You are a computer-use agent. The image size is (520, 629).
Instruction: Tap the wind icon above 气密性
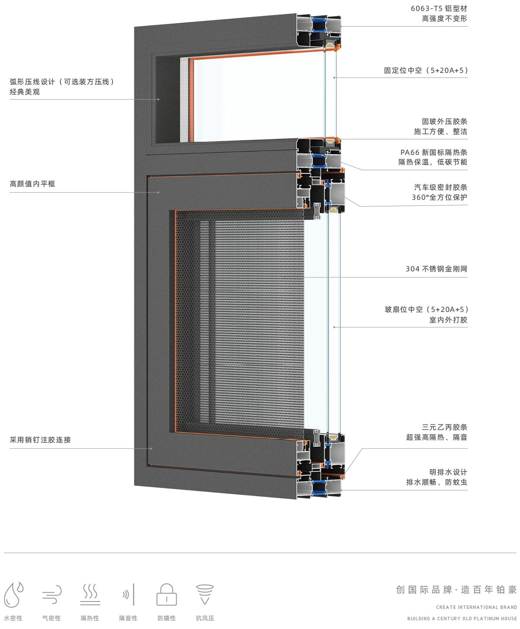click(x=52, y=595)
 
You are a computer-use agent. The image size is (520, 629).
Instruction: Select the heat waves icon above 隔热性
click(x=90, y=595)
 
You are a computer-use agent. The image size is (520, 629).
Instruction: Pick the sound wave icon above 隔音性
click(x=128, y=595)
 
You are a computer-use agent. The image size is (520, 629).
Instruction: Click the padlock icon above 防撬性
click(x=167, y=595)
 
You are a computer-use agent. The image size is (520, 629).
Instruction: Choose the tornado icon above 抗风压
click(x=205, y=595)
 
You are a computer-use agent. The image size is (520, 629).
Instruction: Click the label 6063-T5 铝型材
click(x=439, y=8)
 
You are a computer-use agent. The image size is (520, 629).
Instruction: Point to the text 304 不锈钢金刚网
click(x=436, y=269)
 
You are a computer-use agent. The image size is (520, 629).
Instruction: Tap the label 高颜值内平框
click(x=32, y=184)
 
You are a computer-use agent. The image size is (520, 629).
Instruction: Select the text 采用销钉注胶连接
click(x=40, y=440)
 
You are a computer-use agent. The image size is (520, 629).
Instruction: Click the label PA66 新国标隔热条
click(x=434, y=152)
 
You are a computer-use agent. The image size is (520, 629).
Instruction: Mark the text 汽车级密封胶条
click(x=441, y=187)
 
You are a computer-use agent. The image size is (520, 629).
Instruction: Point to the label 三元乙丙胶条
click(x=445, y=427)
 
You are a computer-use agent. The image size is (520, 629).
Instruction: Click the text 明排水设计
click(x=448, y=472)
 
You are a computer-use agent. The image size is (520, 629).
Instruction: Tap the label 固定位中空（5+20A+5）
click(x=426, y=70)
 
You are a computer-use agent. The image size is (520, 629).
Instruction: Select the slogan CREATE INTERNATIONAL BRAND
click(x=476, y=607)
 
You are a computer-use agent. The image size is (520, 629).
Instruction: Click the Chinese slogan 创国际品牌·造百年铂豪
click(x=456, y=590)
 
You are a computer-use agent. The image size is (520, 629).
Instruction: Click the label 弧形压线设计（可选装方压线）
click(x=62, y=82)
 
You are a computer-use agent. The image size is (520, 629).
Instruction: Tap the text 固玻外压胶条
click(x=445, y=121)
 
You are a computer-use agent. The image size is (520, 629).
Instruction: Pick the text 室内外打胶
click(x=448, y=320)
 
